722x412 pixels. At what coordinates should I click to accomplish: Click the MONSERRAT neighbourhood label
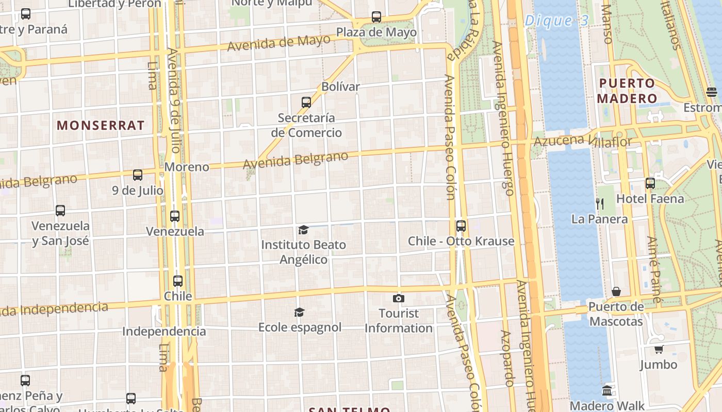coord(101,125)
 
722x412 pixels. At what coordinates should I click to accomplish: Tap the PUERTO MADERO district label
coord(627,91)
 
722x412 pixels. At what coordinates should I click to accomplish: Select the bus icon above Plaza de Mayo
coord(376,17)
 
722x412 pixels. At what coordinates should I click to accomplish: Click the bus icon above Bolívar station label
coord(306,102)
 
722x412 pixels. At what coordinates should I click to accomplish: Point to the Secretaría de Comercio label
coord(306,125)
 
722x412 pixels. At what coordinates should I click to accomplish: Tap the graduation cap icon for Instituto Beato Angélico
coord(303,230)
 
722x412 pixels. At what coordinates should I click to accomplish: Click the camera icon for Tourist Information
coord(398,298)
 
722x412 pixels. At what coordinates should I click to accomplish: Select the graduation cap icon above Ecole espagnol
coord(299,312)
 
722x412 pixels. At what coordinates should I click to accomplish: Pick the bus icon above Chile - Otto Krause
coord(461,226)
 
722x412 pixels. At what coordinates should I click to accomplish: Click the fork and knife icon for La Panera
coord(599,204)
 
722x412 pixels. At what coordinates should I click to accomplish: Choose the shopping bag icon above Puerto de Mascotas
coord(616,292)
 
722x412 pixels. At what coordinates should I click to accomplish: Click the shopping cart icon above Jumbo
coord(659,350)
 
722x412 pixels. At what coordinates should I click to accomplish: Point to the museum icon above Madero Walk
coord(607,390)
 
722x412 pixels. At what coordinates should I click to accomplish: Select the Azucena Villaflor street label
coord(582,140)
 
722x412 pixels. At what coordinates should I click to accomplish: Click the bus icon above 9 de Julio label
coord(138,175)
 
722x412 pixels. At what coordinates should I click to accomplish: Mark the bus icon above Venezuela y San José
coord(60,211)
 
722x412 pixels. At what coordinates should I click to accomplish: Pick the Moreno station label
coord(187,167)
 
